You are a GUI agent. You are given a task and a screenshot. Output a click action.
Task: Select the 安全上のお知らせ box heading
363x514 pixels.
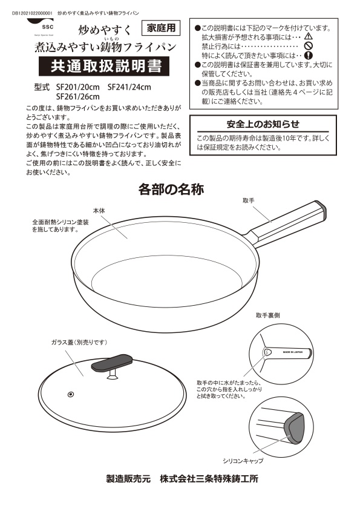click(x=263, y=124)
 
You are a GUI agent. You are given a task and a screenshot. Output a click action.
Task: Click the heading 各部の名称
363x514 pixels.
click(x=171, y=189)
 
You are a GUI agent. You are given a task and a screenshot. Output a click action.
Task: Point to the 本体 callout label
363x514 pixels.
click(x=99, y=210)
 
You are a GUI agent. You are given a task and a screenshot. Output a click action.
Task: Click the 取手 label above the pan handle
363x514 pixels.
click(x=248, y=200)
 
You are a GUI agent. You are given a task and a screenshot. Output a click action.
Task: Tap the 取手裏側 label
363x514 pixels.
click(x=267, y=315)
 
